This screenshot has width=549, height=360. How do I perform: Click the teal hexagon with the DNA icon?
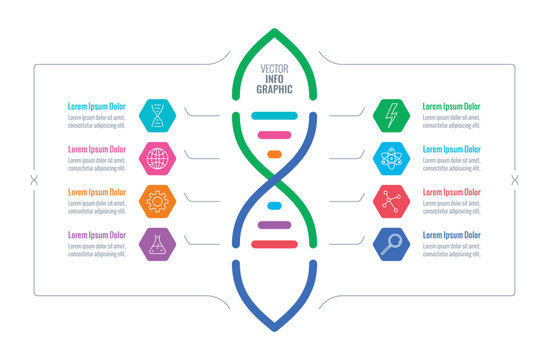tap(157, 115)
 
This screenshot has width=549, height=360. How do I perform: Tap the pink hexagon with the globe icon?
tap(157, 157)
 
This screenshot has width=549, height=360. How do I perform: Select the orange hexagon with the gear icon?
tap(157, 200)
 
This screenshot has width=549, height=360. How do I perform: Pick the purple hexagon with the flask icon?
tap(157, 243)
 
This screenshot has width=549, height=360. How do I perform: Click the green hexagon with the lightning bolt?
tap(390, 115)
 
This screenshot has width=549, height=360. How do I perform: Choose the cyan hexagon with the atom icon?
tap(390, 157)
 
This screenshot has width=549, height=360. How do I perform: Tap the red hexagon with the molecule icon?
tap(390, 200)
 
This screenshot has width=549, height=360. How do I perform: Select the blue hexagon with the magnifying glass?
tap(390, 243)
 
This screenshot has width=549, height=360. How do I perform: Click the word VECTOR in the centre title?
tap(274, 68)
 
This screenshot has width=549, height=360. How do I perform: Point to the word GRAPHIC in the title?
tap(274, 90)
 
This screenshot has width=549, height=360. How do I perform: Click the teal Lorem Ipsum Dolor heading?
tap(97, 106)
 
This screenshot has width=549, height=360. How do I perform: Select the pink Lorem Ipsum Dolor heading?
tap(97, 149)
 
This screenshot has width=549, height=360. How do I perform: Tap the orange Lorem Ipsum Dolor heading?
tap(97, 192)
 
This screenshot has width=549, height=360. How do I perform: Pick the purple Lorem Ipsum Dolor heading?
tap(97, 235)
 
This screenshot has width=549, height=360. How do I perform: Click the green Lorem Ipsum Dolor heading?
tap(451, 106)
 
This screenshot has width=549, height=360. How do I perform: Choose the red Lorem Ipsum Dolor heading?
tap(451, 192)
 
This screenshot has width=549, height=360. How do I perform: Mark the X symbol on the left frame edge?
tap(34, 180)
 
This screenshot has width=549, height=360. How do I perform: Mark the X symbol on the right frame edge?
tap(515, 180)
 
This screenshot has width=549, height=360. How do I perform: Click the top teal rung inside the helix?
tap(274, 116)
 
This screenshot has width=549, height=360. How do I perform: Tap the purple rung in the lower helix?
tap(274, 225)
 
